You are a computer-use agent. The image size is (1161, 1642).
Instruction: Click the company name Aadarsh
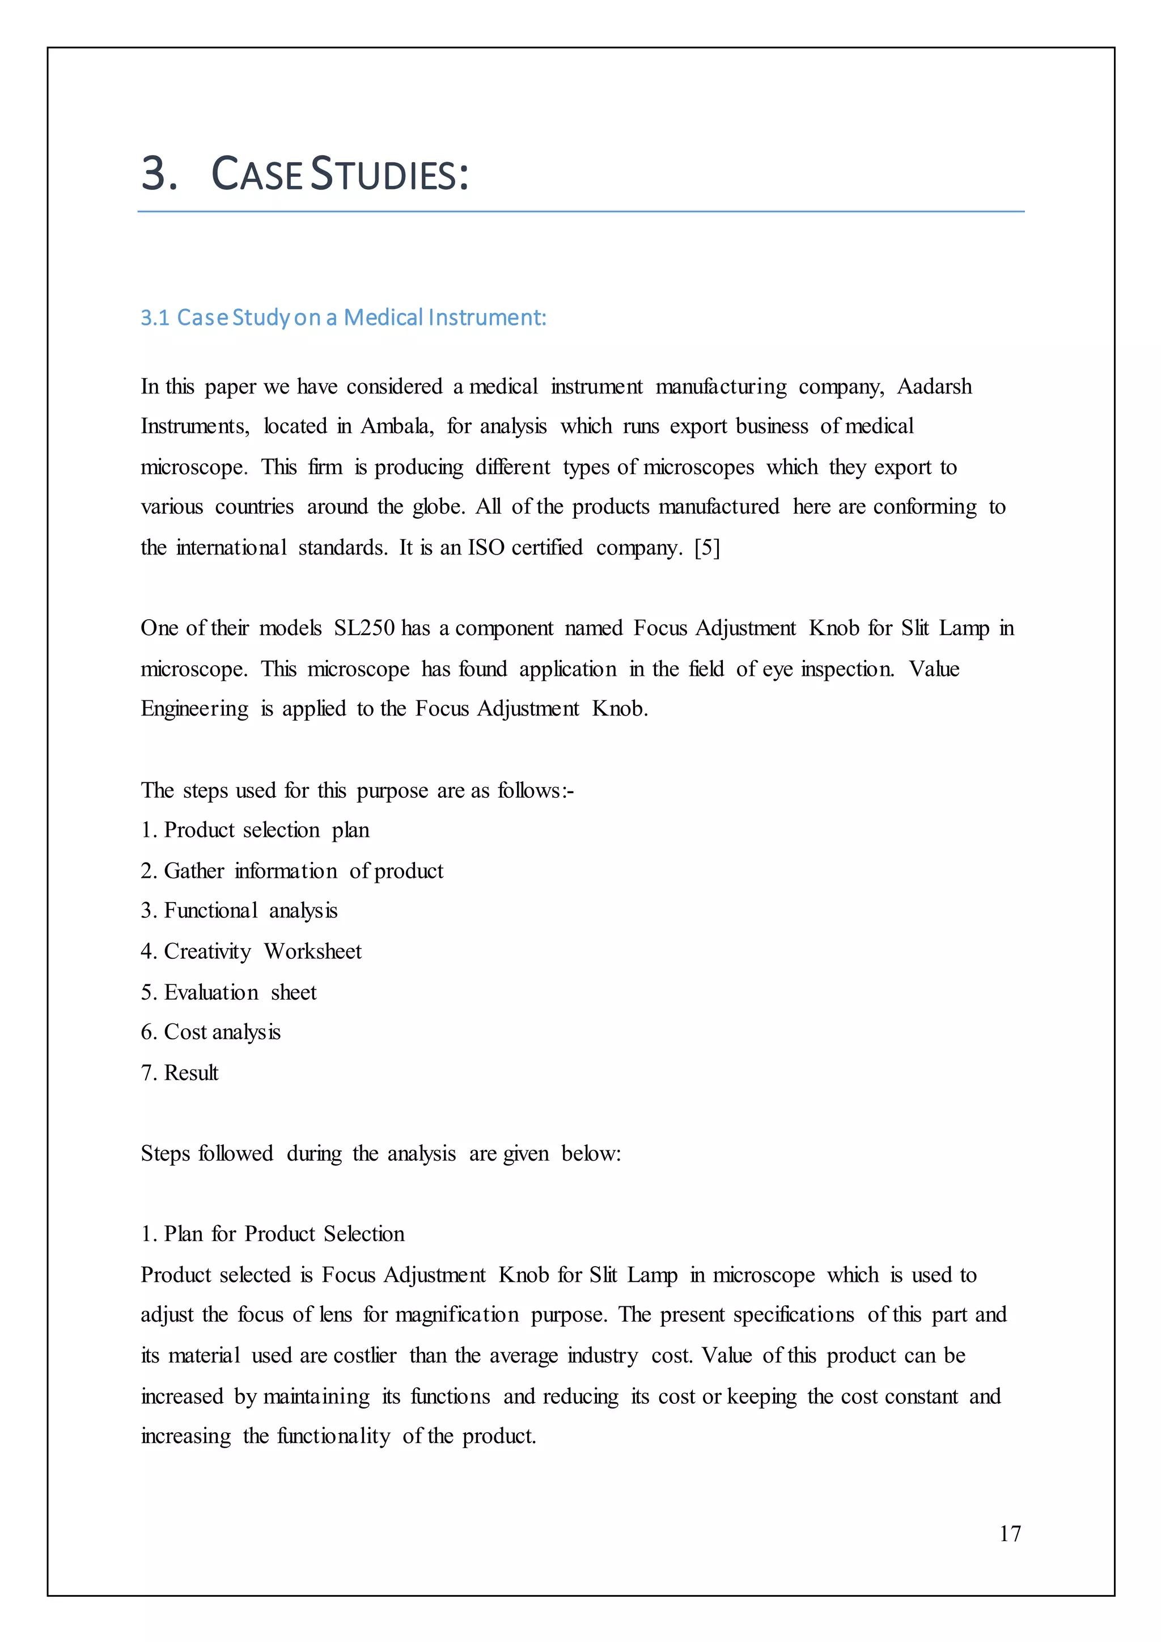pos(934,387)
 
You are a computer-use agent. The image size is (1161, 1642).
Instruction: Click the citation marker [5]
pos(707,548)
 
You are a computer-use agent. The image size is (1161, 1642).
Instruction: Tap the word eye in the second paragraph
pos(777,670)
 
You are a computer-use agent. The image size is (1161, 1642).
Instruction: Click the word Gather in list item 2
pos(194,871)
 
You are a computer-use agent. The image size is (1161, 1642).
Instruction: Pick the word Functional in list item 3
pos(211,911)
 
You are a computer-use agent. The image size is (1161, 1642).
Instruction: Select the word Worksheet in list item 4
pos(312,952)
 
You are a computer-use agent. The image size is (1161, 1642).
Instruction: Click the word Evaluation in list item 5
pos(211,993)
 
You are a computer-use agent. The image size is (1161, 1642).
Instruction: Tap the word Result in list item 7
pos(191,1073)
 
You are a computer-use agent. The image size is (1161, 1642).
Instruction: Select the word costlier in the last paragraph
pos(365,1355)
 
